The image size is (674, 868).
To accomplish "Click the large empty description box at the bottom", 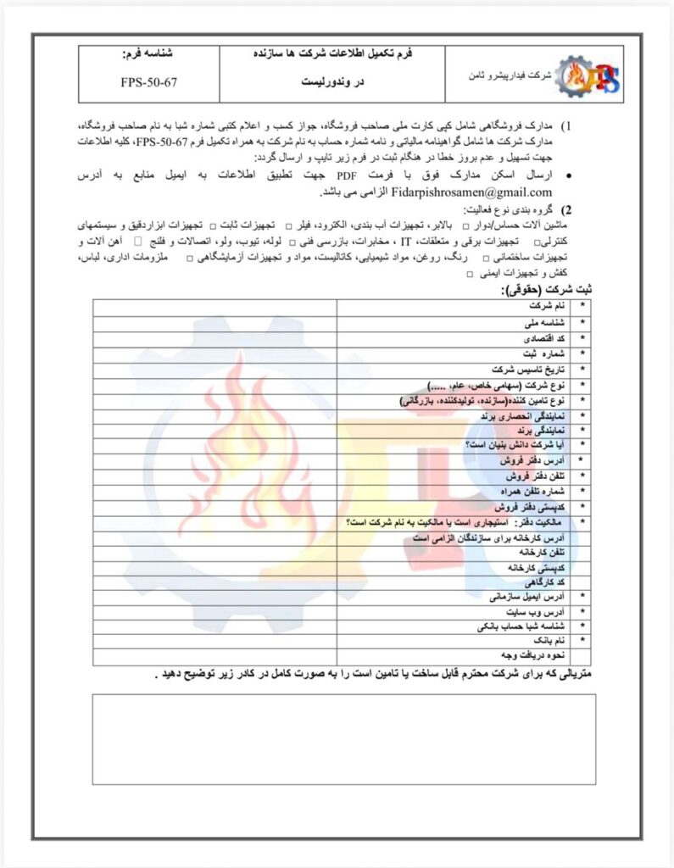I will click(343, 737).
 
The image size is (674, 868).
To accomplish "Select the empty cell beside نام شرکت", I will click(214, 303).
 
